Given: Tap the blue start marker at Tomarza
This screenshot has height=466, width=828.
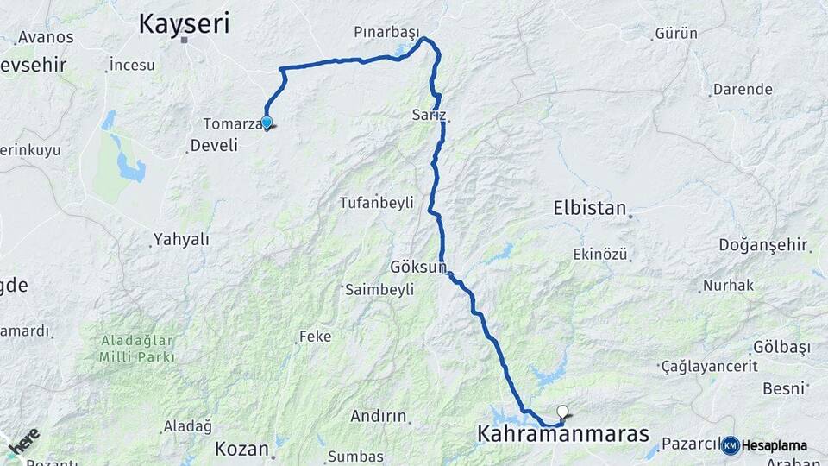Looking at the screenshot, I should click(267, 123).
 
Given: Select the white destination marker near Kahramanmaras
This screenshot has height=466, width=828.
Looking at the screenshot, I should click(563, 412).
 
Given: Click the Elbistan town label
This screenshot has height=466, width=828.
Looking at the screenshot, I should click(590, 208).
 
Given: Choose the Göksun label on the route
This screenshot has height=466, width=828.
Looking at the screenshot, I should click(418, 267).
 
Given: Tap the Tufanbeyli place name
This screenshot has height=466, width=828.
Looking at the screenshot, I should click(377, 203).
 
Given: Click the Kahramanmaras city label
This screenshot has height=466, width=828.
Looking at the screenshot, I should click(562, 434).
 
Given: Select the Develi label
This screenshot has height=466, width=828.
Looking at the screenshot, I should click(214, 145).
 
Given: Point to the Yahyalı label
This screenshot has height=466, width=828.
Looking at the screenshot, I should click(181, 240).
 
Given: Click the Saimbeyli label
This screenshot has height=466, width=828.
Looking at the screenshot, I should click(380, 290).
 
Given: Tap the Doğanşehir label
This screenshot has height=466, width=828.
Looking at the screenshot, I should click(763, 246).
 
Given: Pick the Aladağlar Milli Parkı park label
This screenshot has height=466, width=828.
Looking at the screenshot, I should click(137, 349).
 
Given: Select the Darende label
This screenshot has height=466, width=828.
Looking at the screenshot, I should click(743, 89).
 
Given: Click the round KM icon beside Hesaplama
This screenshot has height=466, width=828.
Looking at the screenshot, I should click(730, 445).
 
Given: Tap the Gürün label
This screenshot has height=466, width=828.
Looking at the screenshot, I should click(676, 34).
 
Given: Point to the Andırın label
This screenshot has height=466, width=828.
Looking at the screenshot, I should click(378, 416).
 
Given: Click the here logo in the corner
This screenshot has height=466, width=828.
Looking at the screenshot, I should click(23, 442).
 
